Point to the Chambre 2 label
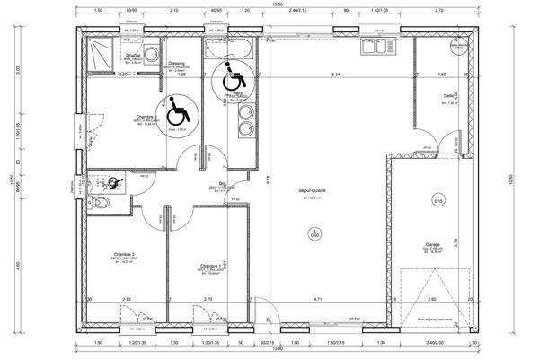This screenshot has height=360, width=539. click(126, 255)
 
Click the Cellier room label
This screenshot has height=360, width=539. click(448, 96)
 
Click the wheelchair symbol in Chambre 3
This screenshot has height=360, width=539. click(178, 111)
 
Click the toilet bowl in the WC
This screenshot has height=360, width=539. click(100, 205)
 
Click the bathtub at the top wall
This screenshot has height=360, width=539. click(228, 47)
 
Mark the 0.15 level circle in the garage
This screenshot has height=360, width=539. click(437, 201)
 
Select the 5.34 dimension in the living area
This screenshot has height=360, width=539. click(335, 74)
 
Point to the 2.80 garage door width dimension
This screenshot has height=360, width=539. click(431, 298)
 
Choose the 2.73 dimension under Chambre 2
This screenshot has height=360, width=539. click(127, 298)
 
